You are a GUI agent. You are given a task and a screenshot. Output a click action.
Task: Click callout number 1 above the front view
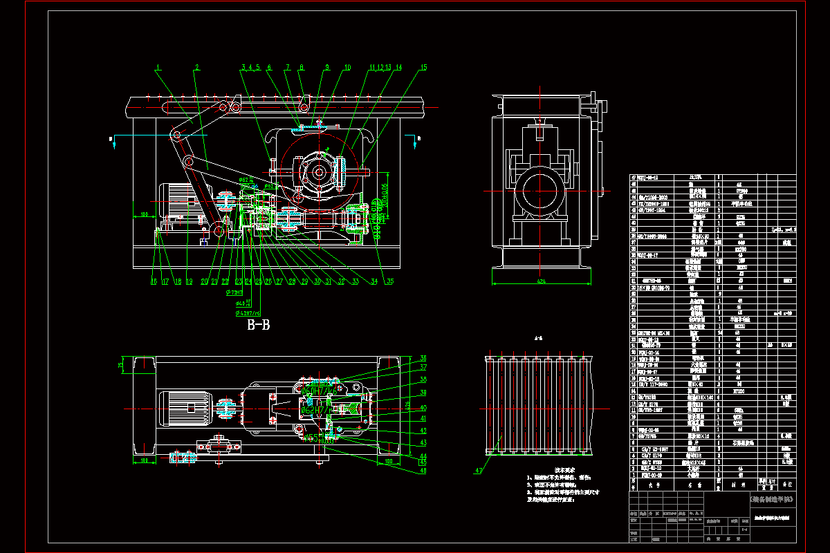coord(158,67)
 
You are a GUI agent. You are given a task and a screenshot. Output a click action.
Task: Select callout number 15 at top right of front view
coord(424,67)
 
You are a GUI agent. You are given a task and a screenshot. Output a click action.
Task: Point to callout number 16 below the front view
coord(154,282)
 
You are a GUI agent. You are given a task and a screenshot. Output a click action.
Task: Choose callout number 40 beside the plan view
coord(423,408)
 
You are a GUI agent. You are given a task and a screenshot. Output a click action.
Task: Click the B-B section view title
coord(258,326)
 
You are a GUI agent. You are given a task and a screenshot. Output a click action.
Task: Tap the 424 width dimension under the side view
coord(541,281)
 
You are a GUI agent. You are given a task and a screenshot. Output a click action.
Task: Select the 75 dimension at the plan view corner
coord(120,365)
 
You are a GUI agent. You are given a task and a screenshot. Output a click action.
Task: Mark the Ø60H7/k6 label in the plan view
coord(317,391)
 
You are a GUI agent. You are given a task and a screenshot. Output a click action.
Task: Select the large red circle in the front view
coord(320,171)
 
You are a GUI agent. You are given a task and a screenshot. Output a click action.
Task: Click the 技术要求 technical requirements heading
coord(555,469)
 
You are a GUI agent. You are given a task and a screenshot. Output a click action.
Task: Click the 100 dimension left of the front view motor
coord(144,215)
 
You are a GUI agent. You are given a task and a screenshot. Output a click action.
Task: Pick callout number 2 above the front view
coord(197,67)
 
